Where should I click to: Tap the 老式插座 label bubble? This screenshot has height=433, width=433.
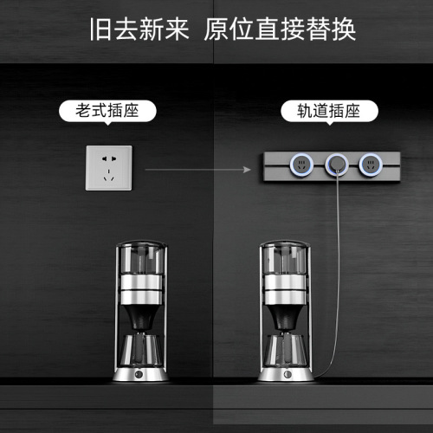point(108,111)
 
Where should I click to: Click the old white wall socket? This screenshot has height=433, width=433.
point(108,168)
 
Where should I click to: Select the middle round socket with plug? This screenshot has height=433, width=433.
point(336,161)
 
